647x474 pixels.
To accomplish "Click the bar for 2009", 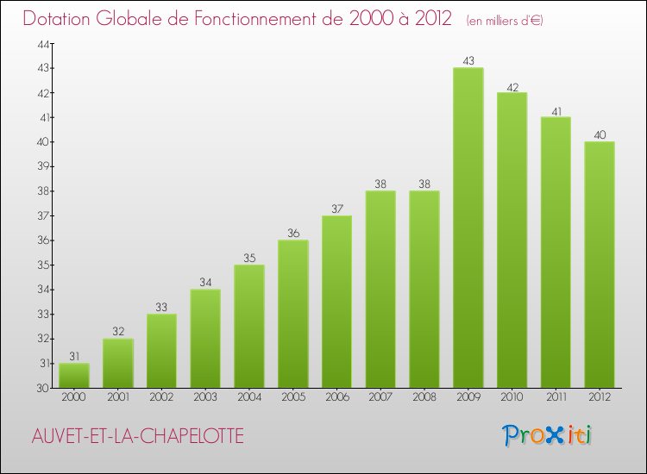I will point(468,228).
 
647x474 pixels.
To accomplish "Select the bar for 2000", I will point(73,376).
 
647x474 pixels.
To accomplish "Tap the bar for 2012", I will point(599,265).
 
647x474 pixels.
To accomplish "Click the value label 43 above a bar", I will point(468,61).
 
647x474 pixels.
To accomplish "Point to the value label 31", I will point(73,357).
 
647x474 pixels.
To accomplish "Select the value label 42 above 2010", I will point(512,86).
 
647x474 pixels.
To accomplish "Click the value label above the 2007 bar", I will point(380,184).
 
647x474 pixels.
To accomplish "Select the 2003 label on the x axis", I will point(204,396).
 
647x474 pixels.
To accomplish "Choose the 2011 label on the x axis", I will point(556,396).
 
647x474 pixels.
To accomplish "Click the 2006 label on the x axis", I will point(336,396).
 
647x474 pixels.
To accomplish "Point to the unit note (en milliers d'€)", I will point(505,20).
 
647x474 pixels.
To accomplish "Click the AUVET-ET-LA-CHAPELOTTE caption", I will point(137,437).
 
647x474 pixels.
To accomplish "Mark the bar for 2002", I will point(161,351).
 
